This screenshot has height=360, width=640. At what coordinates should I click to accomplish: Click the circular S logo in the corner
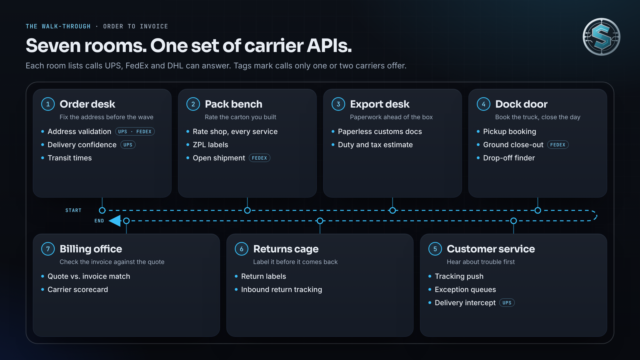pos(602,37)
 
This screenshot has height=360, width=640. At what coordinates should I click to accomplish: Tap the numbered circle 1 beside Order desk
pos(48,104)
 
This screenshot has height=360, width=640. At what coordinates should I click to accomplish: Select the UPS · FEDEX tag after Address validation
pos(135,132)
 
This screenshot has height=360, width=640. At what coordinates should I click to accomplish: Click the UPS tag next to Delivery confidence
pos(128,144)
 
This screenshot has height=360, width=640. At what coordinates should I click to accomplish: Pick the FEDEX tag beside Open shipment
pos(260,158)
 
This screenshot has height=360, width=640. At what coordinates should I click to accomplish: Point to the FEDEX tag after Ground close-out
pos(558,144)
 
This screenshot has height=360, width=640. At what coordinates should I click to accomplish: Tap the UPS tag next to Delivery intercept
pos(507,302)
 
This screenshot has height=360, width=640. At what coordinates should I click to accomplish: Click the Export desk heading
pos(380,104)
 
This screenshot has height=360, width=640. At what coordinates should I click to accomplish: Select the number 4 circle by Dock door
pos(484,104)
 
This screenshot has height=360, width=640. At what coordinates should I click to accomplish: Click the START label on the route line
pos(74,210)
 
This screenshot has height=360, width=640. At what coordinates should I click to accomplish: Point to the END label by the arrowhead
pos(99,221)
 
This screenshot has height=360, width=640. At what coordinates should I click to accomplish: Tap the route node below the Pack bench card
pos(248,210)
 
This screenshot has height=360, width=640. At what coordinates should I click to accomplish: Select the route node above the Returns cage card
pos(320,221)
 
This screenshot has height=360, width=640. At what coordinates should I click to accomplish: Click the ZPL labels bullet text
pos(210,144)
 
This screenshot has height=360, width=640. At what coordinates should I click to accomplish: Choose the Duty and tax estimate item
pos(375,144)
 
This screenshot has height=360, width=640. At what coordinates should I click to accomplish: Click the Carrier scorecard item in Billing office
pos(78,290)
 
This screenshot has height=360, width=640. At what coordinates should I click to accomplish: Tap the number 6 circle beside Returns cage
pos(242,249)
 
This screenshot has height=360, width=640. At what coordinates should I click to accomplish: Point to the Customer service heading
pos(490,249)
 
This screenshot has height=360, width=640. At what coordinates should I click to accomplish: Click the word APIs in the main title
pos(329,46)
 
